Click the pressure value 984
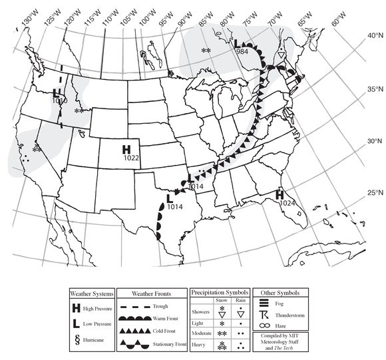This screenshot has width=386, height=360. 242,52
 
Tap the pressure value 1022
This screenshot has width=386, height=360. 130,158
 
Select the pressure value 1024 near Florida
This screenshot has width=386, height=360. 287,202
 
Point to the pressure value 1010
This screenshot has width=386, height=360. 59,100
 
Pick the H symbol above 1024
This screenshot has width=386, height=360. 281,194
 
